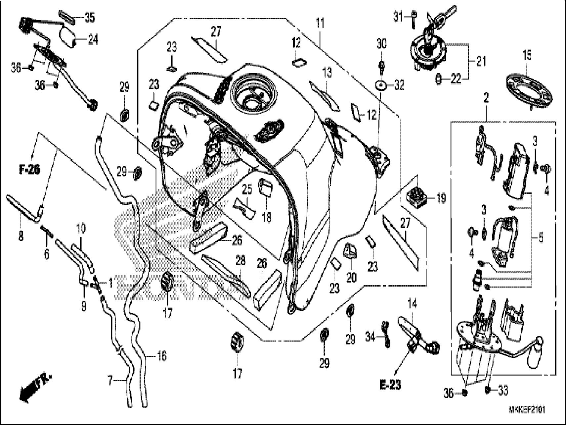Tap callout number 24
tap(93, 40)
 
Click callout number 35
tap(89, 18)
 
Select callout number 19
tap(441, 198)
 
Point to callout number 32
tap(399, 85)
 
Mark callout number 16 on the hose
tap(162, 356)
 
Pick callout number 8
tap(21, 236)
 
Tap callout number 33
tap(503, 391)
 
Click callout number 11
tap(320, 24)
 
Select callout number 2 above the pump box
tap(486, 98)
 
